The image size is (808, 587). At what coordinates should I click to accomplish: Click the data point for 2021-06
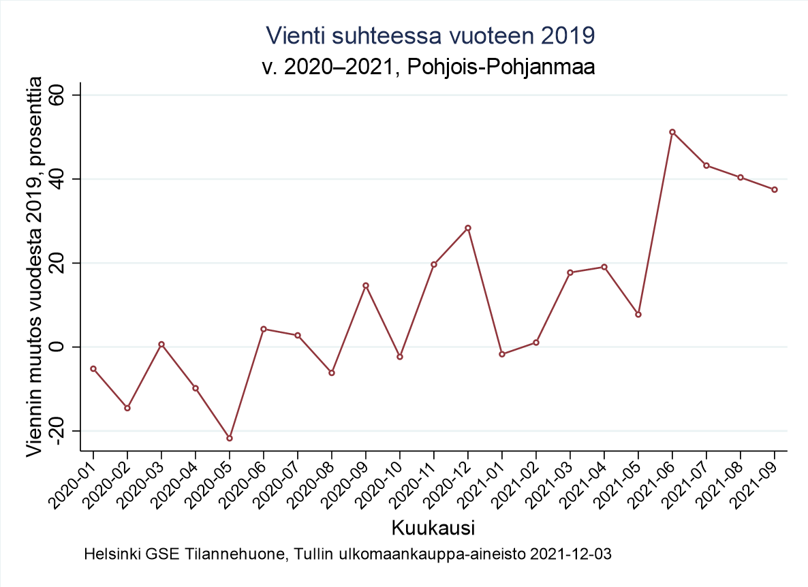click(672, 132)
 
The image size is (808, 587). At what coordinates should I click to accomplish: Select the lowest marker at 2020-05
click(230, 438)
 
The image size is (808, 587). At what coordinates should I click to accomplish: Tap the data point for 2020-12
click(468, 228)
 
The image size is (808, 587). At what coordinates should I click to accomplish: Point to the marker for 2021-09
click(775, 189)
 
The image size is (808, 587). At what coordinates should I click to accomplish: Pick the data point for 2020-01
click(93, 368)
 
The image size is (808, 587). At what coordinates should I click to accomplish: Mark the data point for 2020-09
click(366, 285)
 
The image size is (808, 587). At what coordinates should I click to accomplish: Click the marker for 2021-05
click(638, 314)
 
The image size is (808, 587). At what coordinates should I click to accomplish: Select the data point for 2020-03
click(161, 344)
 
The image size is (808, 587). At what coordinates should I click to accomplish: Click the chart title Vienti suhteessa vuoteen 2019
click(431, 35)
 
